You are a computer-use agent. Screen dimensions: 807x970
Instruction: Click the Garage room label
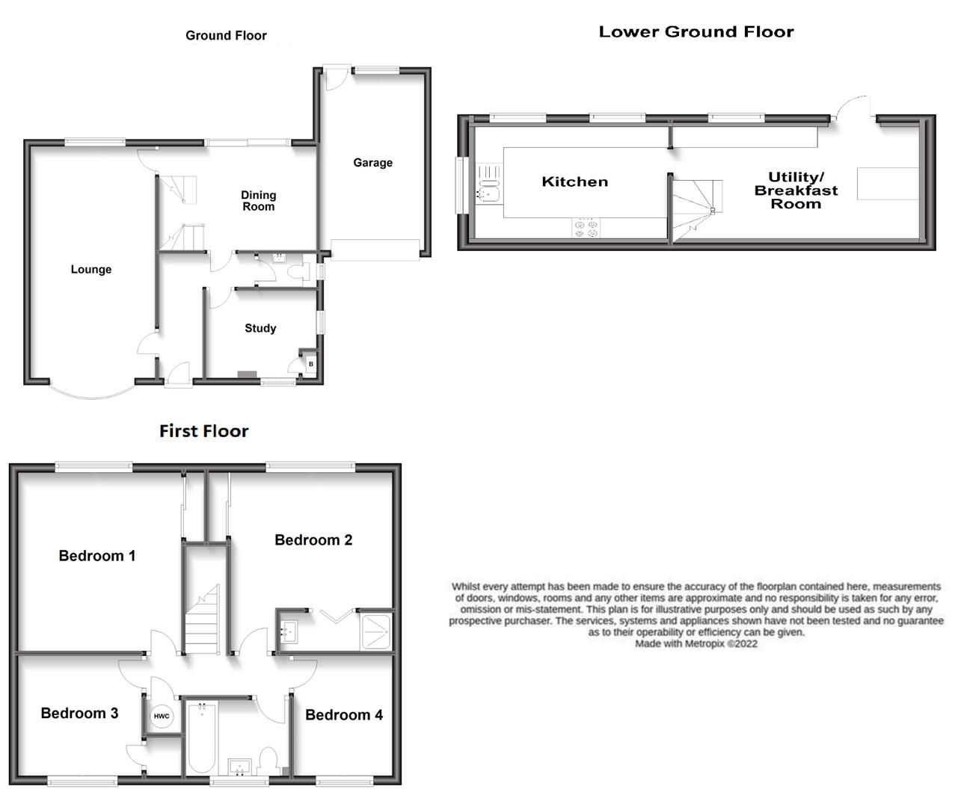tap(372, 163)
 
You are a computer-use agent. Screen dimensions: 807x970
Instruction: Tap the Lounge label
tap(91, 270)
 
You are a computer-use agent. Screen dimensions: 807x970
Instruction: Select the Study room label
tap(260, 328)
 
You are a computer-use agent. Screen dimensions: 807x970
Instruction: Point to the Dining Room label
tap(258, 201)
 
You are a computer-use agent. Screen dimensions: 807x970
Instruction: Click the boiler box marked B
tap(310, 365)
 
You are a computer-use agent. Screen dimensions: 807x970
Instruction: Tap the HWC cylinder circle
tap(162, 717)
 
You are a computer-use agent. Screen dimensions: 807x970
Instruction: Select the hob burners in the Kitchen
tap(585, 228)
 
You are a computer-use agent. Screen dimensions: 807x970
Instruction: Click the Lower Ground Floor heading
tap(696, 31)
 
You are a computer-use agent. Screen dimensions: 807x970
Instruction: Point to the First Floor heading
tap(203, 431)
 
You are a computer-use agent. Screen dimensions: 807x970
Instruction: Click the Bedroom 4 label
tap(344, 715)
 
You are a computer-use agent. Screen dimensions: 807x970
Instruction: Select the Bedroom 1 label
tap(97, 556)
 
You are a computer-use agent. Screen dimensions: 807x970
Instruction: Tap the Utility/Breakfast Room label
tap(796, 191)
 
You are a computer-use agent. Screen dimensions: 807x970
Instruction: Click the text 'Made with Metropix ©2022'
tap(696, 643)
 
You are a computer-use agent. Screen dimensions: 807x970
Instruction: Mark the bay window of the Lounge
tap(93, 393)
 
